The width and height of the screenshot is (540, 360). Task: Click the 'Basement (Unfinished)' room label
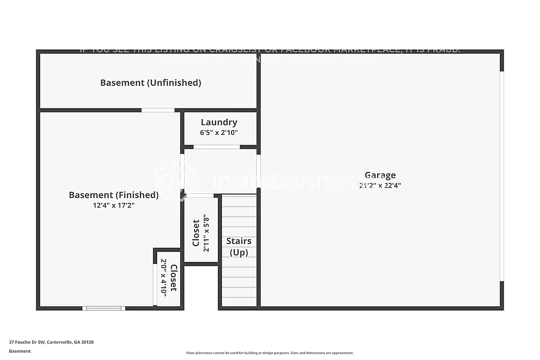(x=151, y=83)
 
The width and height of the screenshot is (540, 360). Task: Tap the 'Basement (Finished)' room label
(x=113, y=195)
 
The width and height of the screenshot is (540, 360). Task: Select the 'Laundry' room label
(x=219, y=122)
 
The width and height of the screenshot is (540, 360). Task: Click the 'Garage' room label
(x=380, y=176)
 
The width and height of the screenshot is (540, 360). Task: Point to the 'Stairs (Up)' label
(x=238, y=247)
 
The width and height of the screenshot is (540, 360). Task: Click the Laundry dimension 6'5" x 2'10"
(x=219, y=133)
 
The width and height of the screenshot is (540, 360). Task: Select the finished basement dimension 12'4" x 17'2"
(x=113, y=206)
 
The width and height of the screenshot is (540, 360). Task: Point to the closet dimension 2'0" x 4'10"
(x=163, y=277)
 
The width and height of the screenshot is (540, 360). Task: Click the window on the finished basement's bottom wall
(x=104, y=308)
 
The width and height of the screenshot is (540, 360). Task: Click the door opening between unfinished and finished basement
(x=158, y=110)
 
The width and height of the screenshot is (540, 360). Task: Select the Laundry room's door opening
(x=216, y=147)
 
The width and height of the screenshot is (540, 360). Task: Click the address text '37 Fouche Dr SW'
(x=27, y=342)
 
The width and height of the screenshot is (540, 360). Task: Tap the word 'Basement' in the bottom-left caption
(x=20, y=351)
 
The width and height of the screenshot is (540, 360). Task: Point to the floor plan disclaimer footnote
(x=269, y=353)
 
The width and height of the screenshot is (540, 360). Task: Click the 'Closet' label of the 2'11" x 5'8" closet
(x=196, y=232)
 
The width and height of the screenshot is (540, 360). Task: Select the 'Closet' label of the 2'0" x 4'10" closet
(x=173, y=277)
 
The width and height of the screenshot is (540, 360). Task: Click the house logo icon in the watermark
(x=168, y=180)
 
